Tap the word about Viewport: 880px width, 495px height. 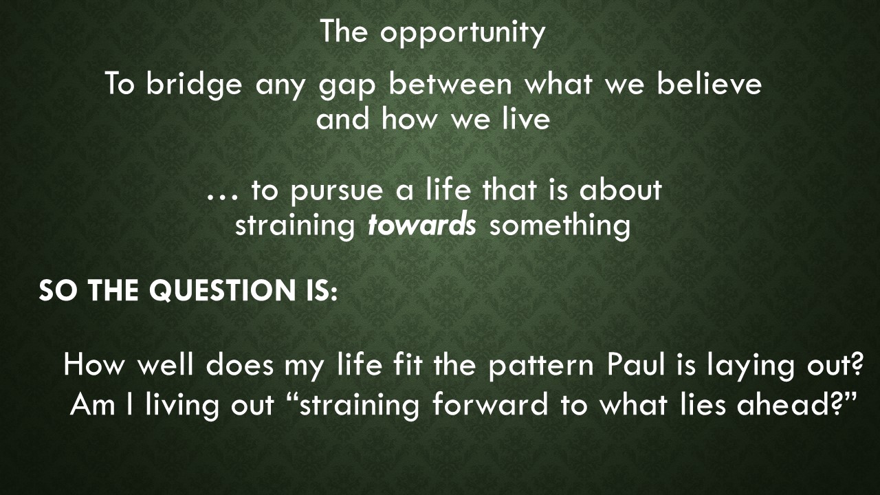pos(620,190)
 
